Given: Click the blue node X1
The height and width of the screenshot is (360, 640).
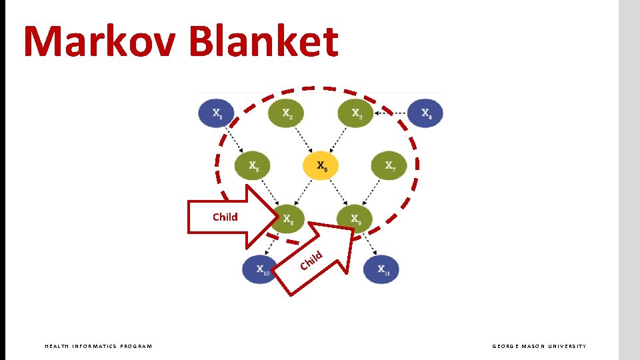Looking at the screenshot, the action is click(x=217, y=114).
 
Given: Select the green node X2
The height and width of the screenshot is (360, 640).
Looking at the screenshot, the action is click(x=287, y=114).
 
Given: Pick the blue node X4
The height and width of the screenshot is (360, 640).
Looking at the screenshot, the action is click(x=425, y=114).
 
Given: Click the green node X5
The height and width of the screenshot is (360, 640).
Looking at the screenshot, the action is click(x=253, y=166).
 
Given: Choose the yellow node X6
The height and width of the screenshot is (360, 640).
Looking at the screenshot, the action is click(x=321, y=166).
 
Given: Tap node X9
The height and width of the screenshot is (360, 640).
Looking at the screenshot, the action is click(x=356, y=217).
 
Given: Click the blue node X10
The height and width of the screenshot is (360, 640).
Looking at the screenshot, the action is click(x=260, y=270).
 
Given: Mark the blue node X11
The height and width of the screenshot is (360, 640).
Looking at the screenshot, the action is click(x=382, y=270).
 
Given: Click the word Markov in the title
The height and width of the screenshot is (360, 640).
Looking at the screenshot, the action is click(x=100, y=41).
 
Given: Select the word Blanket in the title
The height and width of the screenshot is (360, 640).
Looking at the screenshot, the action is click(x=263, y=41).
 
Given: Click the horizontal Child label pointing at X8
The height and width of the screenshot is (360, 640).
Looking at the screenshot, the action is click(x=225, y=217).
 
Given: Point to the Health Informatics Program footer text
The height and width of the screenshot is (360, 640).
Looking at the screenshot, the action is click(x=98, y=346).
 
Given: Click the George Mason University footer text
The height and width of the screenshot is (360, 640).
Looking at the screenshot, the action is click(x=539, y=346).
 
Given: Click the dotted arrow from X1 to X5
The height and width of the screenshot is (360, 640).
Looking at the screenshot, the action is click(x=235, y=140).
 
